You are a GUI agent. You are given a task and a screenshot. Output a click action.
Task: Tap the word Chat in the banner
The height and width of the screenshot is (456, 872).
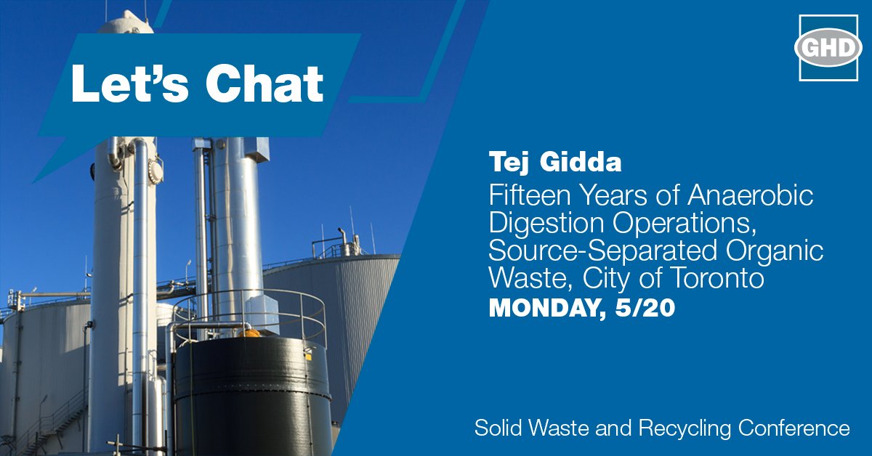click(x=265, y=84)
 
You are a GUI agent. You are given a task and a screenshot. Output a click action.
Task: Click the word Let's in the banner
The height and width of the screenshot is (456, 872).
click(x=128, y=84)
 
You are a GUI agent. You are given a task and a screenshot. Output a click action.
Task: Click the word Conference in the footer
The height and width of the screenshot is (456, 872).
click(x=794, y=428)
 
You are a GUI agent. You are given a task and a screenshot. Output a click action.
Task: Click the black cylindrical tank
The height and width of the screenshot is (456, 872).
click(x=251, y=392)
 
